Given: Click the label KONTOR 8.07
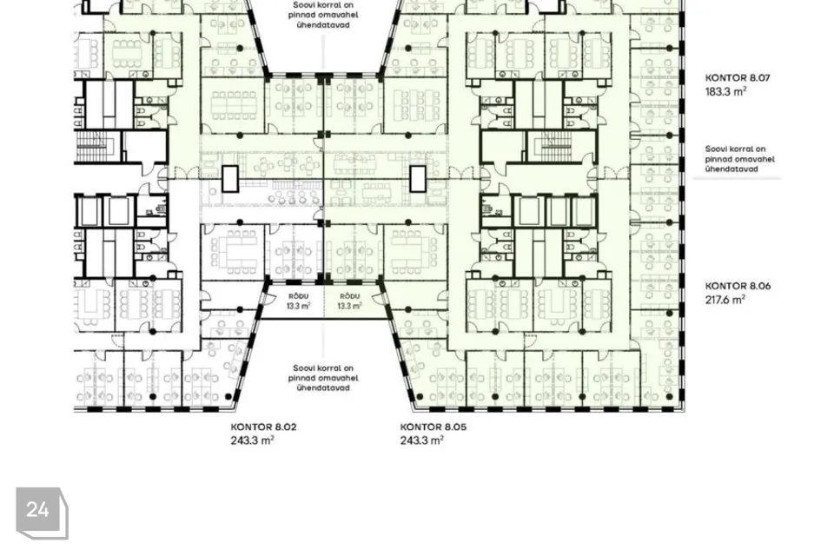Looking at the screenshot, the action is click(x=738, y=77).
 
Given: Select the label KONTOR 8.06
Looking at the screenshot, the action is click(x=738, y=286).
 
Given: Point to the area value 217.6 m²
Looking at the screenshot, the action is click(x=725, y=300).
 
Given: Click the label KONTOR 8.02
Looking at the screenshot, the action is click(x=263, y=427).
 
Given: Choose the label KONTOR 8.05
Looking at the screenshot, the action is click(x=433, y=427).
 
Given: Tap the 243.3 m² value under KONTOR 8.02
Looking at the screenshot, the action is click(x=252, y=440).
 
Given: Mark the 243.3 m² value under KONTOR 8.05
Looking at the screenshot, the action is click(x=422, y=440).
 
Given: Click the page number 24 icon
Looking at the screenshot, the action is click(x=42, y=513).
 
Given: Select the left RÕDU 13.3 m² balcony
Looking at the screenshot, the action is click(x=298, y=301).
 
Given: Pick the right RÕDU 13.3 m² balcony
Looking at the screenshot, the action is click(x=349, y=301).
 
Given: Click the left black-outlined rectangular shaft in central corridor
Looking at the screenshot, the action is click(x=229, y=179).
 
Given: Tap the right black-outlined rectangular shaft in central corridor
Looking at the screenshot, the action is click(x=418, y=179).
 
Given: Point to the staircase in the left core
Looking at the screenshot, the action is click(x=96, y=146).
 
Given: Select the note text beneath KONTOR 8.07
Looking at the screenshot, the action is click(x=740, y=159).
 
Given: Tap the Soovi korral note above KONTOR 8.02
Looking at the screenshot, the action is click(x=323, y=378).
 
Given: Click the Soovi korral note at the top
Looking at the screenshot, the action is click(x=323, y=15).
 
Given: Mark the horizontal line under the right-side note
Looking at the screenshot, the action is click(x=737, y=178).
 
